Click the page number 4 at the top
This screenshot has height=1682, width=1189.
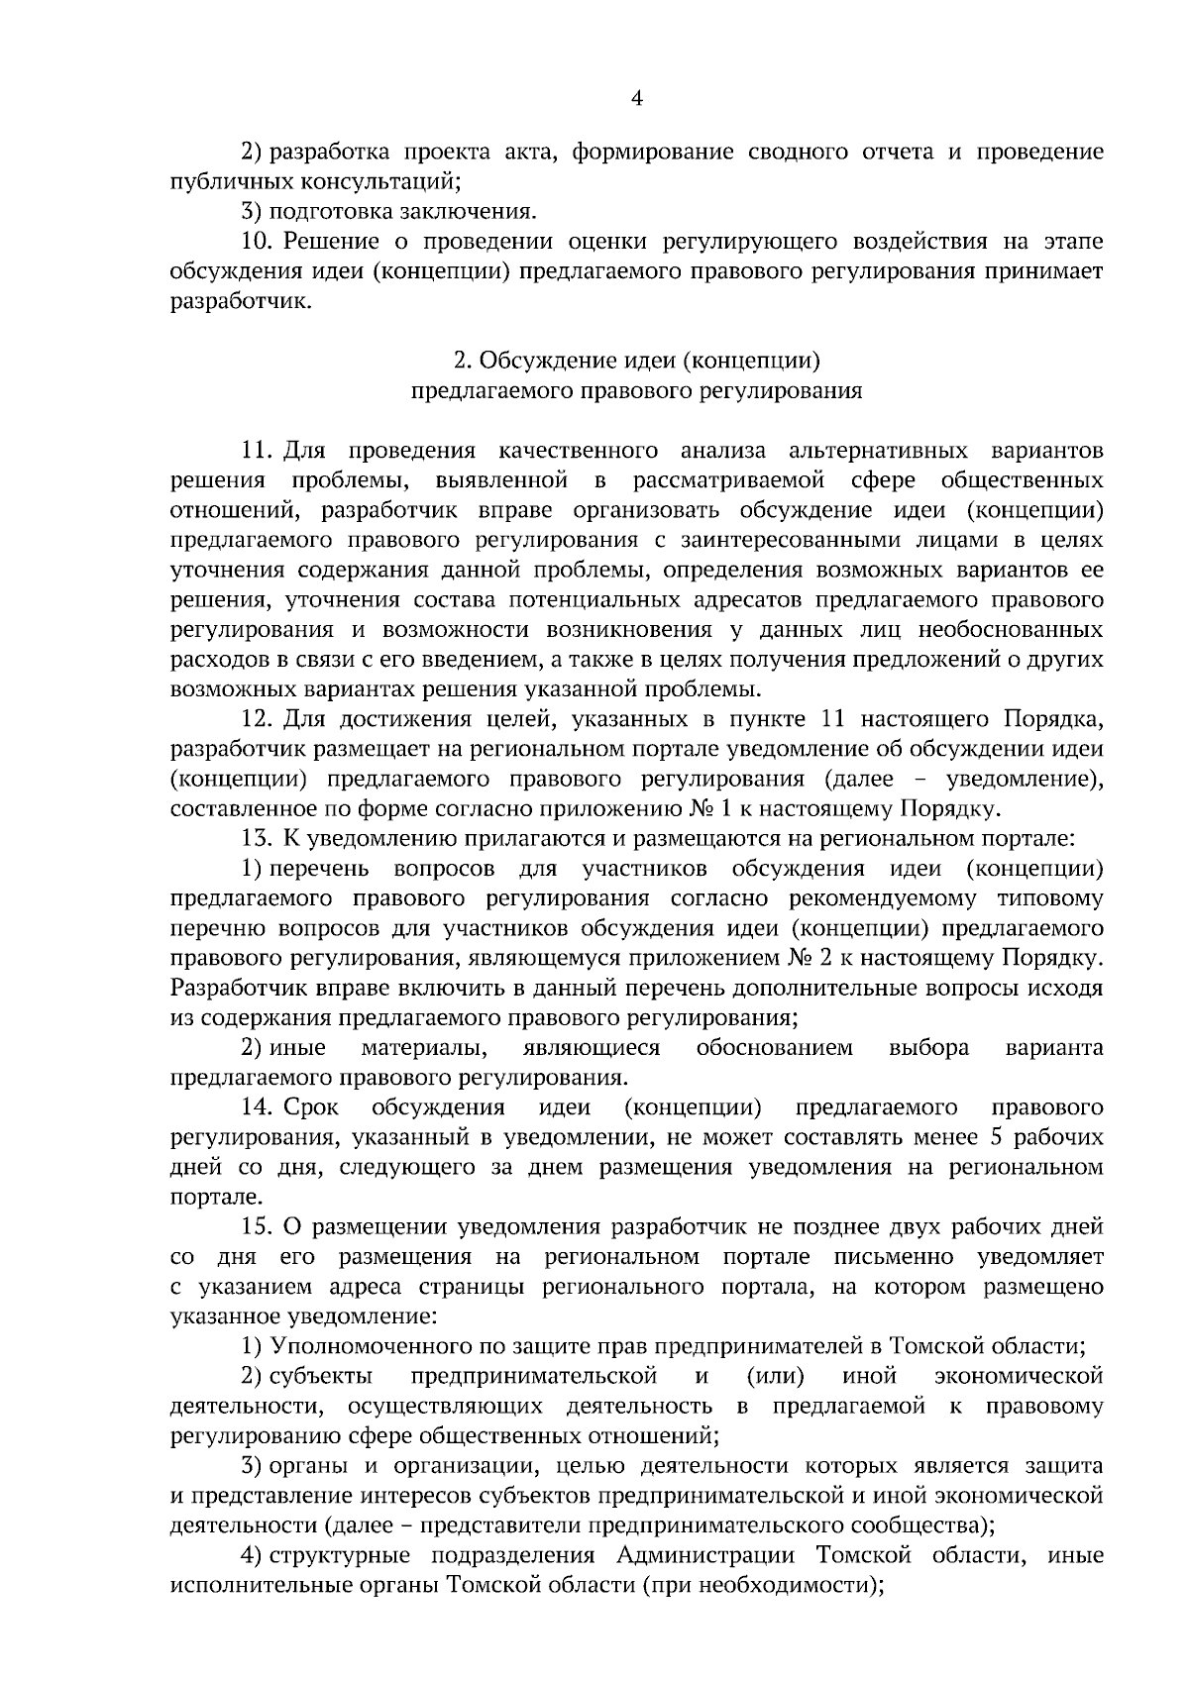637,98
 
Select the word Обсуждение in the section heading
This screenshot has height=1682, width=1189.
533,361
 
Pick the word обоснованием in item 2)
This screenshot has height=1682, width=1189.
774,1048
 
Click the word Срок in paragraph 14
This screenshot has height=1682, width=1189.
311,1107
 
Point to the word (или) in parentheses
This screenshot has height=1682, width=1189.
774,1376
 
